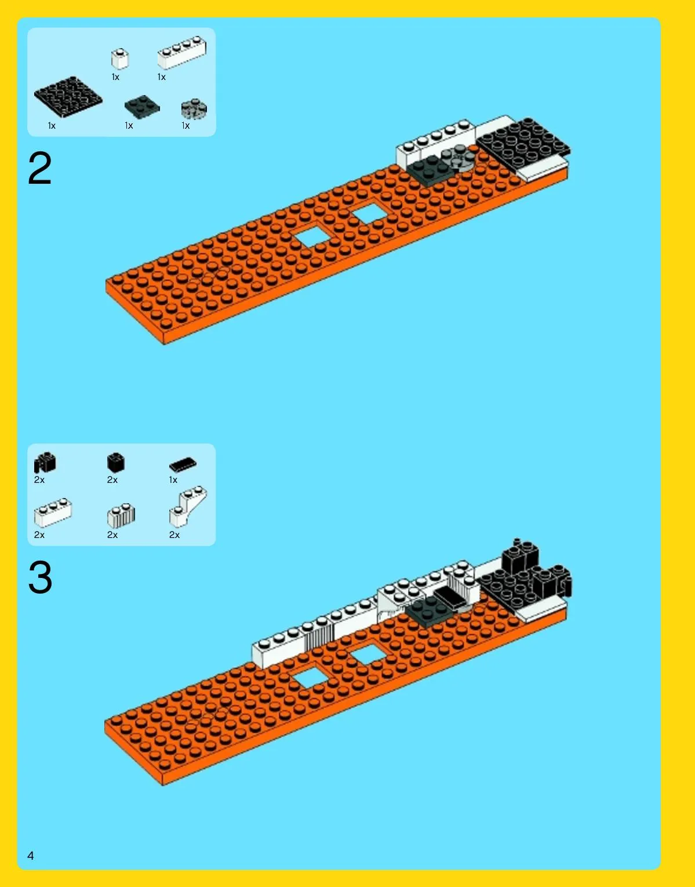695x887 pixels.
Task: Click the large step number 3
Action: [40, 577]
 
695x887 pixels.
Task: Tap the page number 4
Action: [31, 855]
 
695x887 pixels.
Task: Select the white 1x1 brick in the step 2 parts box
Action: [119, 59]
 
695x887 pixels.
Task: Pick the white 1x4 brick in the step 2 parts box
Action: [182, 52]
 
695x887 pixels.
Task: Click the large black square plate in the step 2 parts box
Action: [68, 97]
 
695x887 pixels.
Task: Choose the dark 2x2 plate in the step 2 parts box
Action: [142, 107]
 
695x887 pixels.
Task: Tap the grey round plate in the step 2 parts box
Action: [194, 109]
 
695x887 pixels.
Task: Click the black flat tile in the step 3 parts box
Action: [183, 464]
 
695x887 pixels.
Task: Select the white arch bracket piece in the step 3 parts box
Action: [187, 507]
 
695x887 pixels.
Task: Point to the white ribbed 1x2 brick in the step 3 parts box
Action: [121, 515]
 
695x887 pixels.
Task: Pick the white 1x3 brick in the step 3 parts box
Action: [53, 512]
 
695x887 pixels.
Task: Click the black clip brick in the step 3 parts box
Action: [45, 463]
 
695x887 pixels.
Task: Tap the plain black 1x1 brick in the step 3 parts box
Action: [115, 463]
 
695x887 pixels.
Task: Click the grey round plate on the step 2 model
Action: [458, 159]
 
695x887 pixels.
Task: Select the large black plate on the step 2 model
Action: [523, 144]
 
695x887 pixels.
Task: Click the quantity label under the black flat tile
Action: [173, 480]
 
